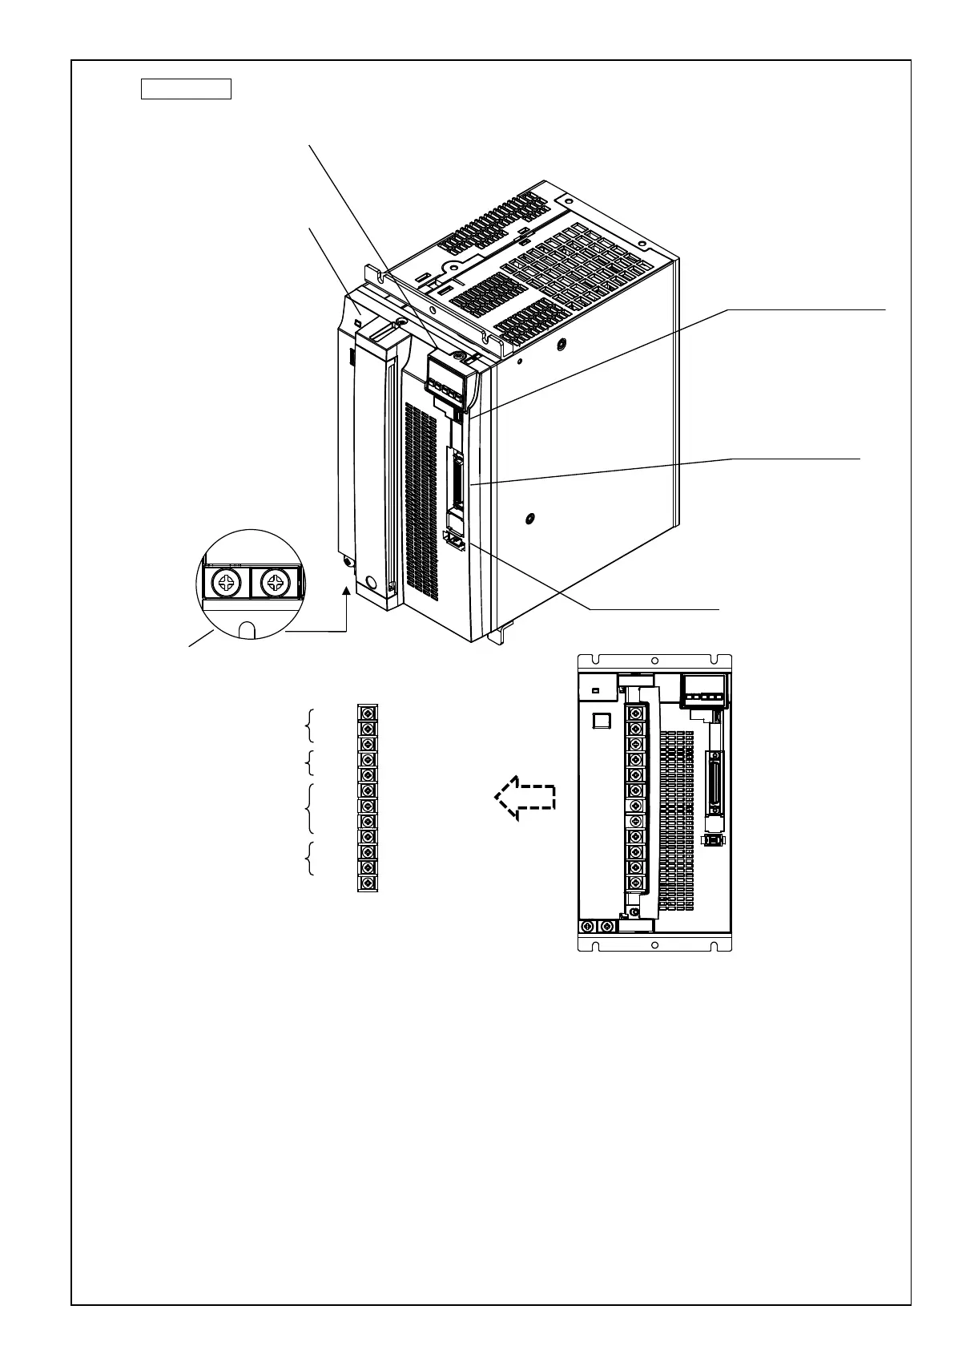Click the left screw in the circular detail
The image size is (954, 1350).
click(227, 583)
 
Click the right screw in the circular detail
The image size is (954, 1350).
click(275, 583)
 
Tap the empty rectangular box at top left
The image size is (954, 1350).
click(186, 88)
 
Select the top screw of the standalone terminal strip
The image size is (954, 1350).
click(367, 713)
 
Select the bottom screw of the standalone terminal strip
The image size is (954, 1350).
click(367, 883)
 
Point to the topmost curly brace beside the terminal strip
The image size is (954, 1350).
click(310, 726)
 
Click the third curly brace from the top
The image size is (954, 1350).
click(310, 808)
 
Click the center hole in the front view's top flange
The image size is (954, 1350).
click(655, 661)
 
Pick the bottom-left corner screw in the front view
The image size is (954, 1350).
click(587, 927)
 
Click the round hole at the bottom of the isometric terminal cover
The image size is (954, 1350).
click(370, 582)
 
